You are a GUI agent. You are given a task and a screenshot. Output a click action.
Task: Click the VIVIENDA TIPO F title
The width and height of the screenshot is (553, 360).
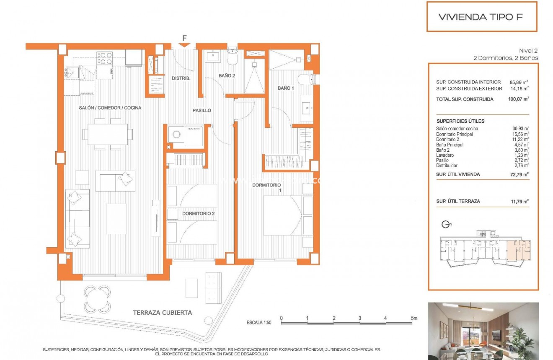(x=481, y=17)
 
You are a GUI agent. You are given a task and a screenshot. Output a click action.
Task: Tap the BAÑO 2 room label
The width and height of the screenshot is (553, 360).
(x=227, y=75)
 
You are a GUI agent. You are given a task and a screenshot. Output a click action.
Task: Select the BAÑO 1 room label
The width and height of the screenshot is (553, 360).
(x=286, y=88)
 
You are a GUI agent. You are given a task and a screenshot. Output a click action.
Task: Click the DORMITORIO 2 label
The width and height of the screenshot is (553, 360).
(x=198, y=213)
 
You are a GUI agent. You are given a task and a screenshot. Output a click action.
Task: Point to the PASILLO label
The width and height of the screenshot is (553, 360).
(x=202, y=111)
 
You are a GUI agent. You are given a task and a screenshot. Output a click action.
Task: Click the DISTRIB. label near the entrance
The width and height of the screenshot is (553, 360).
(x=181, y=78)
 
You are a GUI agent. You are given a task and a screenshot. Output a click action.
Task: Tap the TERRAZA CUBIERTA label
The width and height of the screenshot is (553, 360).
(x=162, y=312)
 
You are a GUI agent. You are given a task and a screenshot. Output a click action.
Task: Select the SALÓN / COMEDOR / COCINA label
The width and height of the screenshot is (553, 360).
(x=110, y=108)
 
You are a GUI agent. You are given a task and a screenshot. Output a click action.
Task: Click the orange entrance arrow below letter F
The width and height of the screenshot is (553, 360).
(x=184, y=44)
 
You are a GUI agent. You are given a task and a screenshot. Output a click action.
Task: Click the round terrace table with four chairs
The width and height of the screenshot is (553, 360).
(x=98, y=299)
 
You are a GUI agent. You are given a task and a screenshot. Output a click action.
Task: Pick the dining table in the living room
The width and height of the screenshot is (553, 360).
(x=108, y=134)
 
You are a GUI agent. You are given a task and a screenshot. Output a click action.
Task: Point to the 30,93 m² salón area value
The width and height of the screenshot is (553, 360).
(x=519, y=129)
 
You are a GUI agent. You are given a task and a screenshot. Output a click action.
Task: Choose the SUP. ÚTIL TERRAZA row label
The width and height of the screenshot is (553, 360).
(x=458, y=201)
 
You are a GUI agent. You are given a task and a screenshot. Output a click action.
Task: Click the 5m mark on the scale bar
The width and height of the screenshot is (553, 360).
(x=413, y=318)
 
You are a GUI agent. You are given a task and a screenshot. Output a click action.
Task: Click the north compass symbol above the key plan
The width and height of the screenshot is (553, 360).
(x=446, y=225)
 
